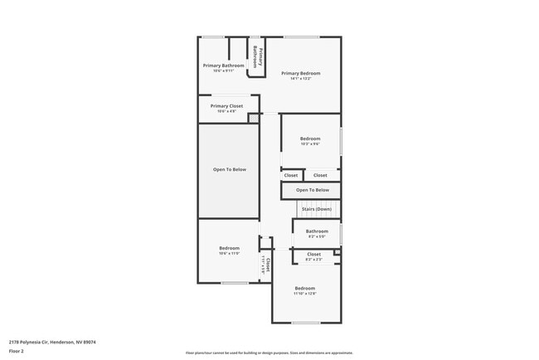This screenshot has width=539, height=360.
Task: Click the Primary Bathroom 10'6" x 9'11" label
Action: (x=224, y=66)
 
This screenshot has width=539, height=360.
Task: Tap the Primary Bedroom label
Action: (x=300, y=73)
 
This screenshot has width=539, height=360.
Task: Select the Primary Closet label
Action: (x=226, y=106)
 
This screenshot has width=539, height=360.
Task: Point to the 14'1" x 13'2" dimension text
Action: (x=300, y=79)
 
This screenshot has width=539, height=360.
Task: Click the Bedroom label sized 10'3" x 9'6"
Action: (x=310, y=139)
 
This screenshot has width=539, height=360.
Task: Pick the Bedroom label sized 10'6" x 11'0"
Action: (x=229, y=248)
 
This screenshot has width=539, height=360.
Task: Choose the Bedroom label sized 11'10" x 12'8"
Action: (x=304, y=288)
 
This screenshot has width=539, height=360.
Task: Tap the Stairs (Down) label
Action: (x=316, y=209)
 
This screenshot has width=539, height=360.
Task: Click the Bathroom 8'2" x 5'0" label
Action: (x=317, y=231)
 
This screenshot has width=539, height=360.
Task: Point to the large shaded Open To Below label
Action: (x=230, y=169)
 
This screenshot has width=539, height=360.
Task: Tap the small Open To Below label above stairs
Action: (x=312, y=190)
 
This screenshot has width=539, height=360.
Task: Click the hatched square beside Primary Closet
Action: (x=254, y=119)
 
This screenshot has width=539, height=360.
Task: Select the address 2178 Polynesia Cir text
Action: (x=51, y=341)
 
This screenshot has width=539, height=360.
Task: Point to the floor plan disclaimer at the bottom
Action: (x=269, y=353)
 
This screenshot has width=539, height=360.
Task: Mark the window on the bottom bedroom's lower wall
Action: (x=304, y=322)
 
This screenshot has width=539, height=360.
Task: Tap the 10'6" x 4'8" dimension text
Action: (x=226, y=111)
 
